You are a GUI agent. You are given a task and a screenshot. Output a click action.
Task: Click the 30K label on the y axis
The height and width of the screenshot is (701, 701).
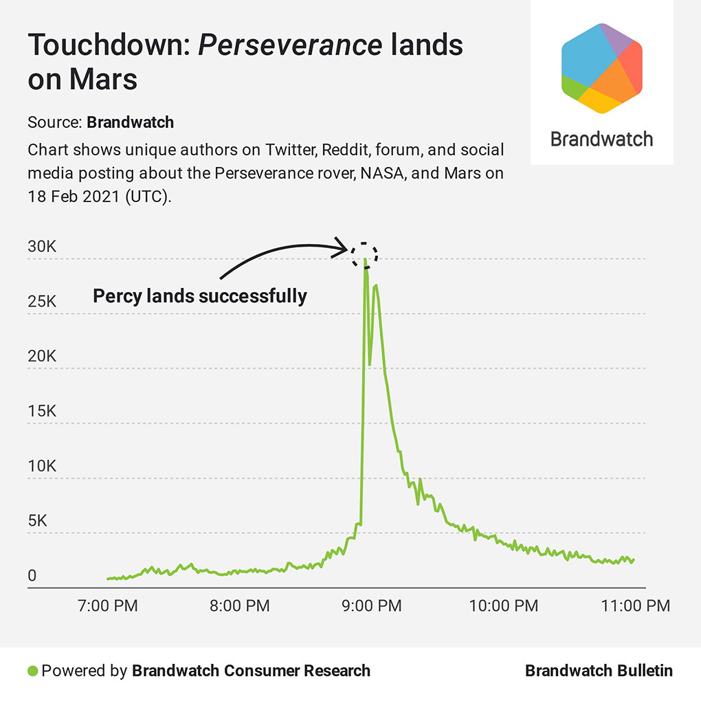(x=42, y=247)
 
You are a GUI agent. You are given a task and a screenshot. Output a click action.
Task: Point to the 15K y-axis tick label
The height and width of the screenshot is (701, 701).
(x=42, y=412)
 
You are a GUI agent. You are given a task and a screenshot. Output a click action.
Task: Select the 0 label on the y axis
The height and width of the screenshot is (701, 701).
(x=32, y=576)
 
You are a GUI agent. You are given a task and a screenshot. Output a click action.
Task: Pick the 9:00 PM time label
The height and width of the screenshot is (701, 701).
(x=372, y=606)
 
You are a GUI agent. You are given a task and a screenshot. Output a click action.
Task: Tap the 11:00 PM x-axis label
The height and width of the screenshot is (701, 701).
(x=636, y=606)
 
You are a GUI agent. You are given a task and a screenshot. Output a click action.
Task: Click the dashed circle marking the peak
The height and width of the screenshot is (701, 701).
(x=364, y=255)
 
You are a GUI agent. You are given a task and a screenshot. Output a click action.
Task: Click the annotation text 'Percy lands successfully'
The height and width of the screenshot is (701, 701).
(x=200, y=296)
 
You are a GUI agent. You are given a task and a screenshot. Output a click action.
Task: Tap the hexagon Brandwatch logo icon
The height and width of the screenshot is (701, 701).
(x=601, y=67)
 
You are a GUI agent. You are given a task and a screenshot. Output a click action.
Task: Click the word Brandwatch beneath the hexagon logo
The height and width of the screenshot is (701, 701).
(x=601, y=140)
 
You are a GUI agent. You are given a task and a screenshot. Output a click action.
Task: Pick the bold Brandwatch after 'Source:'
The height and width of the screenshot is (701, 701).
(x=130, y=123)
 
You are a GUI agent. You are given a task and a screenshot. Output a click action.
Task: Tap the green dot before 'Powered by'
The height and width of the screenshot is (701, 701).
(x=32, y=671)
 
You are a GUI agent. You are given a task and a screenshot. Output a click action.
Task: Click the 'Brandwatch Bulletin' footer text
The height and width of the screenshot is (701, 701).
(x=599, y=671)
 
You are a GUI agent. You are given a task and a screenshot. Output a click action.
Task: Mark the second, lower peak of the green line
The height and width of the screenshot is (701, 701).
(x=376, y=286)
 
